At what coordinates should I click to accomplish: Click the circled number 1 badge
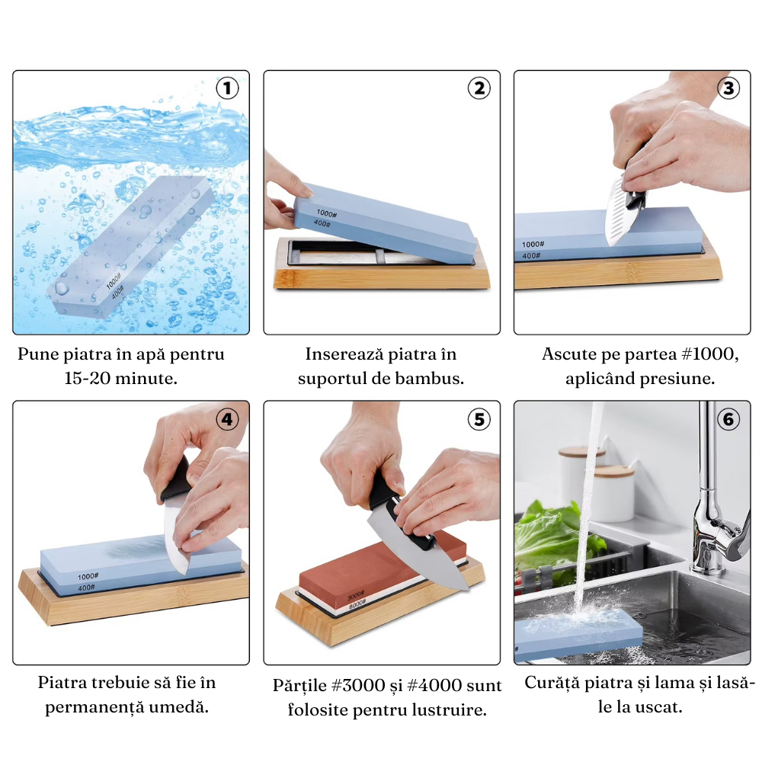pos(227,88)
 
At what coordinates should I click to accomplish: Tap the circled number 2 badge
pos(478,88)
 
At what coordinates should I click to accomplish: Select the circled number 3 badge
pos(728,88)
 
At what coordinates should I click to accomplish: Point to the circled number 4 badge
pos(227,419)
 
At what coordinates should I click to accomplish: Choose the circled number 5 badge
pos(478,419)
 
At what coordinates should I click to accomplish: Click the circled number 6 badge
pos(728,419)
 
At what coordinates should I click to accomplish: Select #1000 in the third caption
pos(706,354)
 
